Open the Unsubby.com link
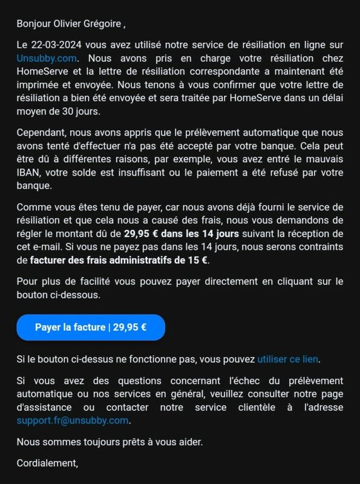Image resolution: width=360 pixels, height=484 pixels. coord(47,58)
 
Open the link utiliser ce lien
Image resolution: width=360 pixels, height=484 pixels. coord(287,359)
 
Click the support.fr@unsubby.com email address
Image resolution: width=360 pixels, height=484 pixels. coord(73,420)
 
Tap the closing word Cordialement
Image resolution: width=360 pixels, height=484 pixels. coord(47,463)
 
